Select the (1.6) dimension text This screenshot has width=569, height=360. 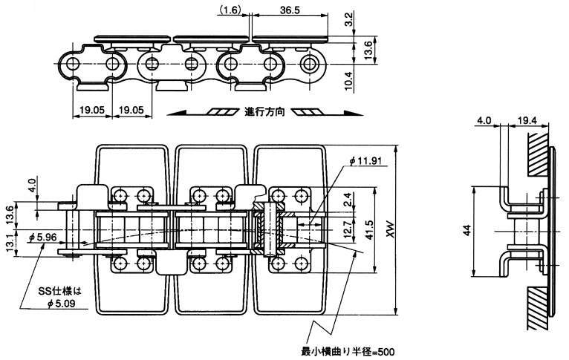click(229, 9)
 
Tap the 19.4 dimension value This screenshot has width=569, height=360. click(527, 118)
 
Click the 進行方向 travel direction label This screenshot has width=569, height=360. click(265, 112)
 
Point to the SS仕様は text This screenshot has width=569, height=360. click(65, 289)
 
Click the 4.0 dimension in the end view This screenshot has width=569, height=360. click(484, 118)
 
